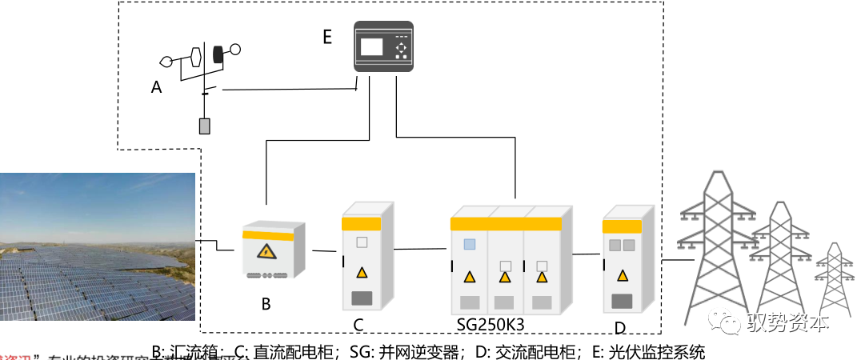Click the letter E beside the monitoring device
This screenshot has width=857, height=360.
[326, 37]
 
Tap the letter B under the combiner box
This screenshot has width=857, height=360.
[266, 304]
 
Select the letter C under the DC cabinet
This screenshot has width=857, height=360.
[359, 324]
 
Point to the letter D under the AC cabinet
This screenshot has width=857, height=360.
[620, 327]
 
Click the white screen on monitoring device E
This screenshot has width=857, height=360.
[372, 46]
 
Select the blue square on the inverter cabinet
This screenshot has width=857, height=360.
[470, 244]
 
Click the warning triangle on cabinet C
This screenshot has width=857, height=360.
[362, 272]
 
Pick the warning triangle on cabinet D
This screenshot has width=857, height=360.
[622, 275]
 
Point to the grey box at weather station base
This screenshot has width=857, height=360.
[205, 126]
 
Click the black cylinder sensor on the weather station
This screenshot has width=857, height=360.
[217, 54]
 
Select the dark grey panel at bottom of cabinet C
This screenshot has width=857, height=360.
[362, 299]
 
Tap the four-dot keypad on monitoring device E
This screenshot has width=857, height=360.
[402, 48]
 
